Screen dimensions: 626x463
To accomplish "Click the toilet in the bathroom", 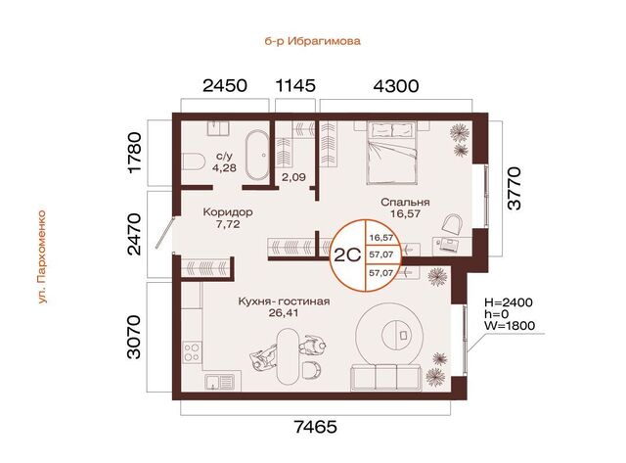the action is click(194, 162).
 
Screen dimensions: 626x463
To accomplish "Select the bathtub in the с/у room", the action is click(256, 155).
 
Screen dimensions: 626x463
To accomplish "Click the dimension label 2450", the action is click(225, 85).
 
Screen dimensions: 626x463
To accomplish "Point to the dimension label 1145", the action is click(295, 85).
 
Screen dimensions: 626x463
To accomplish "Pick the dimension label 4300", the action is click(396, 85).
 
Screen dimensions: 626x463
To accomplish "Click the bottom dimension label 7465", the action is click(316, 427).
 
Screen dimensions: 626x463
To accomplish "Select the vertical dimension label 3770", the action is click(514, 188).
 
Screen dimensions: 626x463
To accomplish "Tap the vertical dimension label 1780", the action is click(136, 152).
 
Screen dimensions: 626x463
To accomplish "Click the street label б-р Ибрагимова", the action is click(313, 41).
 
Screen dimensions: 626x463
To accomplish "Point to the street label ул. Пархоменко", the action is click(42, 256).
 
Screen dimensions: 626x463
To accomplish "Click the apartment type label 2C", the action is click(347, 255).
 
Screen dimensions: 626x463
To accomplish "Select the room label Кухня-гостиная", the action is click(284, 301).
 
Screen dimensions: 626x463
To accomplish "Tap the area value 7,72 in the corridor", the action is click(228, 224).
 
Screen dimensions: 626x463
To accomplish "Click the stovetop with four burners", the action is click(192, 352).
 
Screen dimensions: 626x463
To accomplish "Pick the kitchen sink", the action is click(223, 382).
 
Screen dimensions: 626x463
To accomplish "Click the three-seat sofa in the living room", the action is click(386, 378).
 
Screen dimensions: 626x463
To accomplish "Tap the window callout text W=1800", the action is click(510, 326).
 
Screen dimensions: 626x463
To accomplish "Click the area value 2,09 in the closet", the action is click(293, 177).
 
